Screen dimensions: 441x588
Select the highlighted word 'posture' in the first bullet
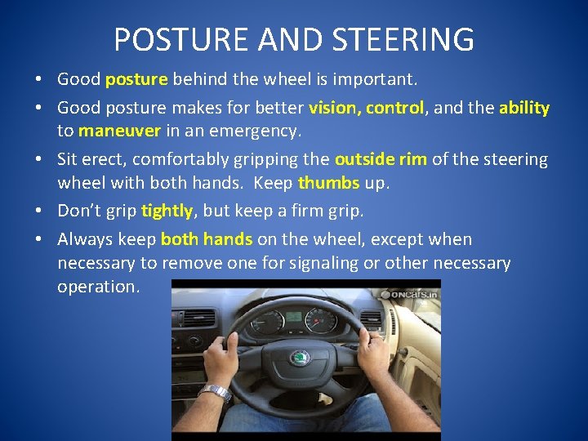point(136,80)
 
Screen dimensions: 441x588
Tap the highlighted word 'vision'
point(334,108)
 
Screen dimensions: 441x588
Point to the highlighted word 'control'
point(395,108)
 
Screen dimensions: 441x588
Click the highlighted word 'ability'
point(524,108)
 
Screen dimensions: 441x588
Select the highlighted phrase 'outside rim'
point(381,159)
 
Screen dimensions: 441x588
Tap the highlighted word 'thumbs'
point(329,182)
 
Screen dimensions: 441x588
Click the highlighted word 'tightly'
point(167,211)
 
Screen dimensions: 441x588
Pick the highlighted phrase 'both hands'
point(207,239)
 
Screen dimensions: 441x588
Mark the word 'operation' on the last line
point(98,287)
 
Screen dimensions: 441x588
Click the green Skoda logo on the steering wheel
point(300,358)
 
